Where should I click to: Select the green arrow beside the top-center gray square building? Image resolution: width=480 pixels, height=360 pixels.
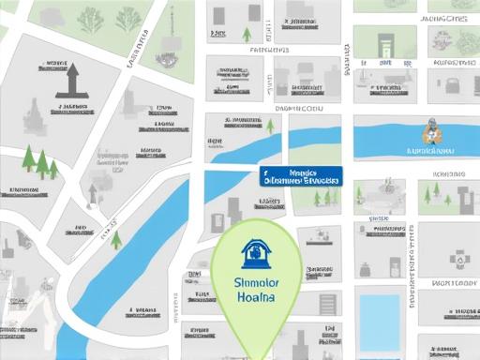point(247,35)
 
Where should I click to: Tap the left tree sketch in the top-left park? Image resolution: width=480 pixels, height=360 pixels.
point(92,19)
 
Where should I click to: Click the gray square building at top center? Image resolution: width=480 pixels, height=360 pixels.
point(220,16)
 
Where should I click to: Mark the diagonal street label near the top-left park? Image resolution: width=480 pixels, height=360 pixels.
point(137,49)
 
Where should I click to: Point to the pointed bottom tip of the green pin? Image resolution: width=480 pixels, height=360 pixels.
point(254,356)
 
